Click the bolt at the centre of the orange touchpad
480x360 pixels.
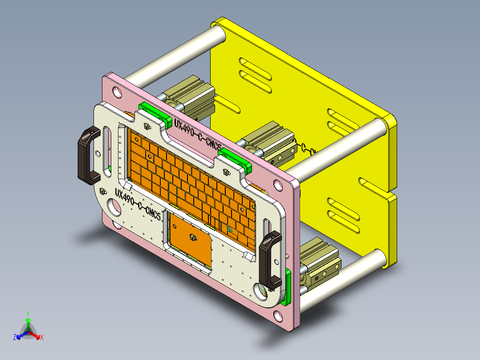pos(193,237)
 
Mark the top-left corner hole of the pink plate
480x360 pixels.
pos(117,93)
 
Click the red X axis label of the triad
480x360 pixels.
pos(42,337)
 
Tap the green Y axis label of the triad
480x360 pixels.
pos(28,313)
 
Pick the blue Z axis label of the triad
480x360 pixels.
pos(15,338)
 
